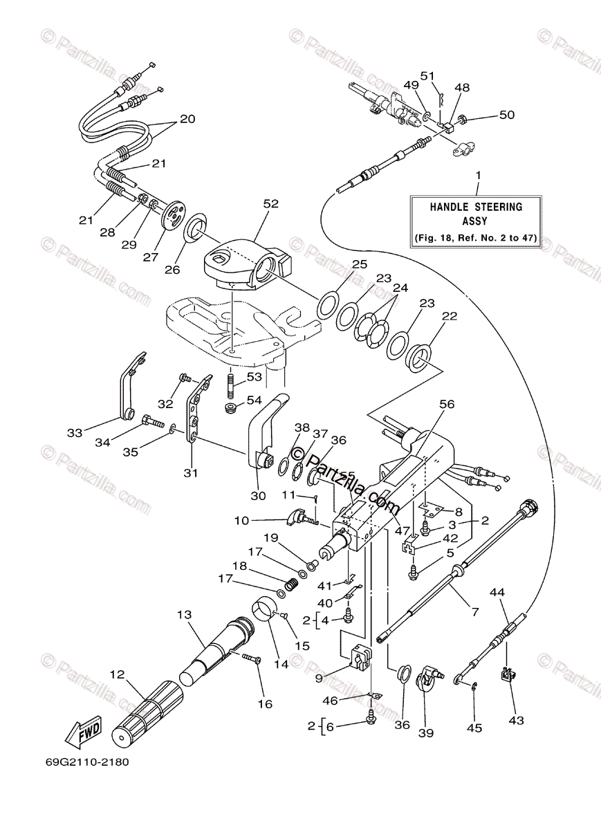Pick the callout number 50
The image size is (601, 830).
point(507,115)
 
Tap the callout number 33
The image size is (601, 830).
point(74,433)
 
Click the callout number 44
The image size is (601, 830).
point(497,592)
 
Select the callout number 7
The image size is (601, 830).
point(474,611)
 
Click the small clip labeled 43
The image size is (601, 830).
point(508,674)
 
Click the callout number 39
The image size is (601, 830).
point(425,732)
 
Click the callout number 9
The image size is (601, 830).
point(319,679)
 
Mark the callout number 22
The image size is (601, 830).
point(450,316)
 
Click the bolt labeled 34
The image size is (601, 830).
point(151,420)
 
